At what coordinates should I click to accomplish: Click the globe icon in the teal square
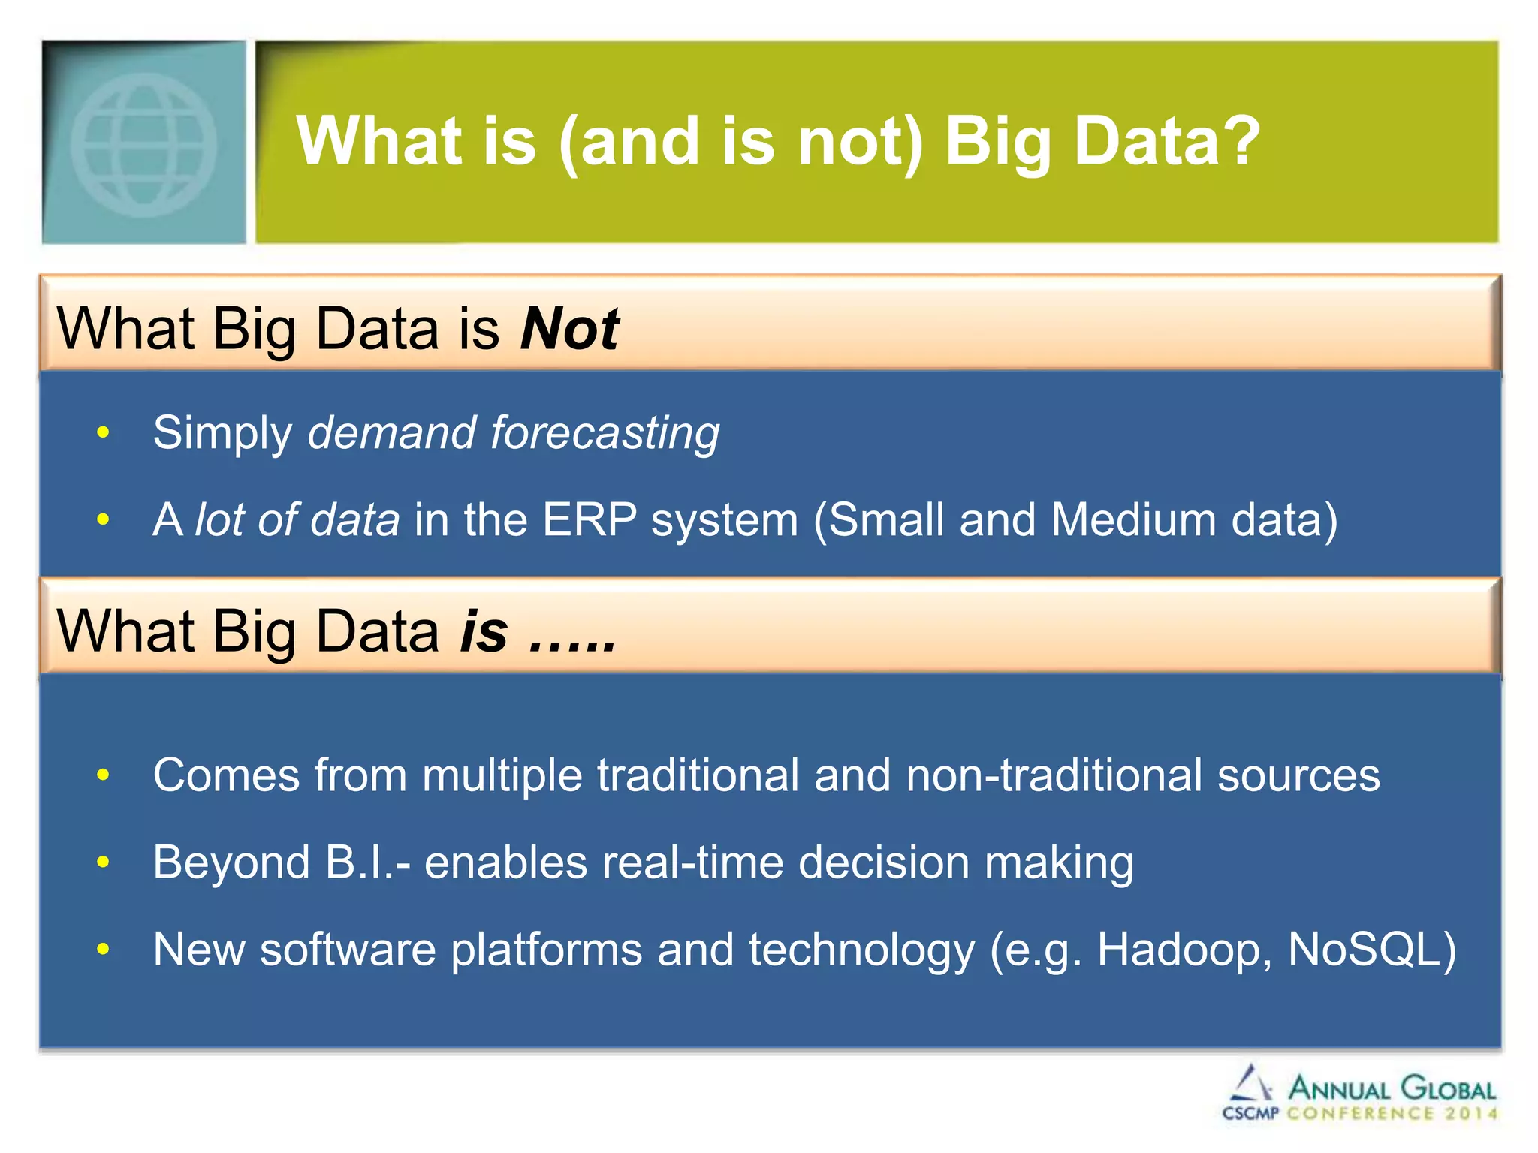(143, 144)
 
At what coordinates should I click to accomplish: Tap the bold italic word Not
(570, 329)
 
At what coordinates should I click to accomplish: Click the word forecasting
(605, 433)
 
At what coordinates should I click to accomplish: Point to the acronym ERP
(589, 519)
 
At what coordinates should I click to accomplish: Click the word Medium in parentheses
(1133, 519)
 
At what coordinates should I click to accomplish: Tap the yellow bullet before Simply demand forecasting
(104, 433)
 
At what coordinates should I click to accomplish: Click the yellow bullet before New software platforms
(104, 950)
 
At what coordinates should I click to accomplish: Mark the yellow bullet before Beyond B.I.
(104, 862)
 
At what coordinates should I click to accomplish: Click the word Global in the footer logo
(1448, 1088)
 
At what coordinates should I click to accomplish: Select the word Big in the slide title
(998, 143)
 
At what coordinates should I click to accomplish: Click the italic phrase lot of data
(297, 519)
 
